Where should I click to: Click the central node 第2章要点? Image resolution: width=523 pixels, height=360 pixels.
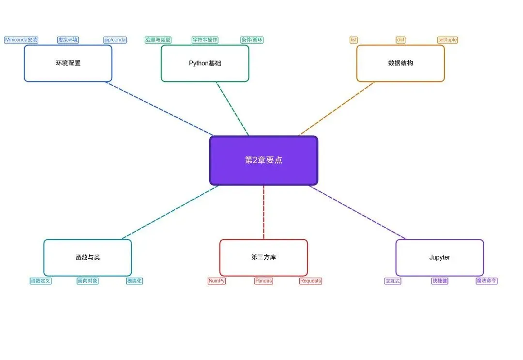(263, 160)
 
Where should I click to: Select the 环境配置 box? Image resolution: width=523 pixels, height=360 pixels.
(68, 63)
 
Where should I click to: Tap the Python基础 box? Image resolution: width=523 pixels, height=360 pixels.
(205, 63)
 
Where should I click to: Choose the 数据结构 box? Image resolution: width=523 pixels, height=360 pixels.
(400, 63)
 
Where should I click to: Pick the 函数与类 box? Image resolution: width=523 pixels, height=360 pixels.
(88, 257)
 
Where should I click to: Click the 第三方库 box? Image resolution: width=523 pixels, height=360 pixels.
(263, 257)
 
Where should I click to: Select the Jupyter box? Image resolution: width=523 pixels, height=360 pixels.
(439, 257)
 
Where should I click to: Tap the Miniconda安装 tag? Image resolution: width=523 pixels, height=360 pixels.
(21, 40)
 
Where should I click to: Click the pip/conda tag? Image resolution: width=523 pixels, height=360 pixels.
(115, 40)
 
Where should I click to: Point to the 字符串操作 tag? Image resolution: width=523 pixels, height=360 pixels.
(205, 40)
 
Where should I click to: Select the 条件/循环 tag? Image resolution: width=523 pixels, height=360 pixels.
(252, 40)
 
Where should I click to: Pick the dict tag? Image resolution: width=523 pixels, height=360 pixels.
(400, 40)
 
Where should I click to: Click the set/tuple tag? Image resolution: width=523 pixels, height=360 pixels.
(447, 40)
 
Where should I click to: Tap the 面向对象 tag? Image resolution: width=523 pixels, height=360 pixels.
(88, 281)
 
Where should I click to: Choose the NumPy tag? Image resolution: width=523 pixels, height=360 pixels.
(216, 281)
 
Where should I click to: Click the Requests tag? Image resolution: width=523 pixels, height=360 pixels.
(310, 281)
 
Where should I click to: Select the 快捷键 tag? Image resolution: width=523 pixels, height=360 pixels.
(440, 281)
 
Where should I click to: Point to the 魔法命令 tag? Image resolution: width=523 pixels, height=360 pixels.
(487, 281)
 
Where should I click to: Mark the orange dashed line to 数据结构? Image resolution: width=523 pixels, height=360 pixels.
(337, 109)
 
